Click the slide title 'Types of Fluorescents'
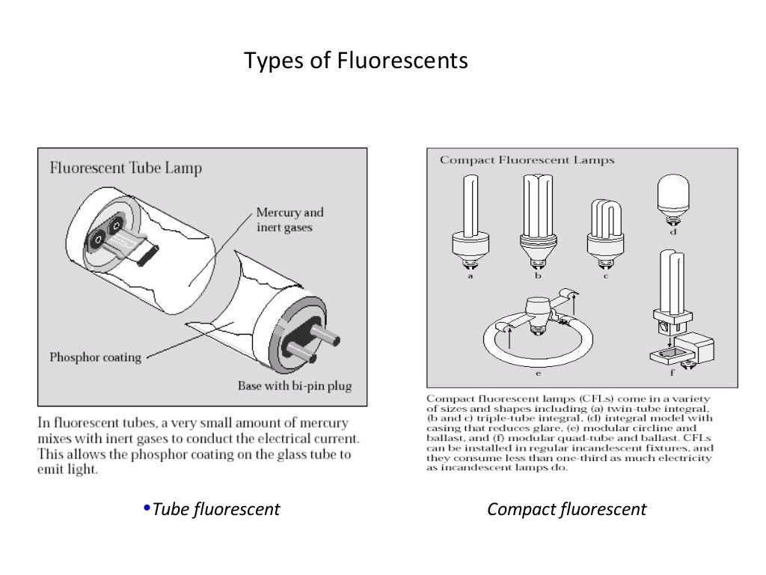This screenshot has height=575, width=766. pyautogui.click(x=356, y=60)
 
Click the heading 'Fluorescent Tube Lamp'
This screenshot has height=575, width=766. pyautogui.click(x=126, y=167)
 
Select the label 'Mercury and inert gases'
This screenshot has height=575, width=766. pyautogui.click(x=290, y=219)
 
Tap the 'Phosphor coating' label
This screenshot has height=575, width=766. pyautogui.click(x=95, y=357)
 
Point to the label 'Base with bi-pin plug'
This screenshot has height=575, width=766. pyautogui.click(x=294, y=386)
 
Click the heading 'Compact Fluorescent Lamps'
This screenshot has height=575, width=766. pyautogui.click(x=527, y=159)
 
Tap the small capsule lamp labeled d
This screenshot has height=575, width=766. pyautogui.click(x=673, y=196)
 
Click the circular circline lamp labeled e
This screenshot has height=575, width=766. pyautogui.click(x=527, y=333)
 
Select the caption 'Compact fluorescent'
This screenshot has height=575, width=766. pyautogui.click(x=566, y=510)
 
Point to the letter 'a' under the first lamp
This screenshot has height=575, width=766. pyautogui.click(x=470, y=276)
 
